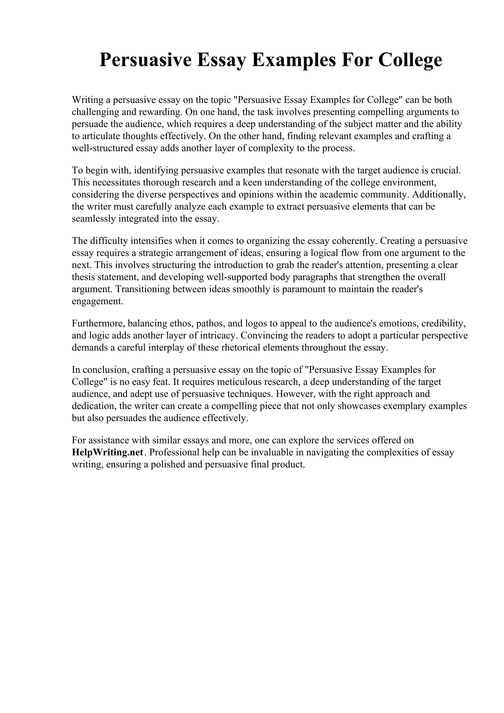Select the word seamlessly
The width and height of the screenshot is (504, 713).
click(94, 219)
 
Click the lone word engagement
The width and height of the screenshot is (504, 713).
click(97, 301)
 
